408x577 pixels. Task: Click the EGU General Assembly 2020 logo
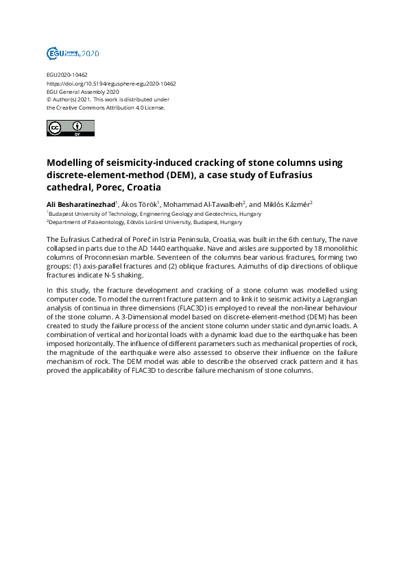coord(73,53)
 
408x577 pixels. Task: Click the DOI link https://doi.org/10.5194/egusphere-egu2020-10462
coord(111,84)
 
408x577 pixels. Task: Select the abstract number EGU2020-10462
coord(67,75)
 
